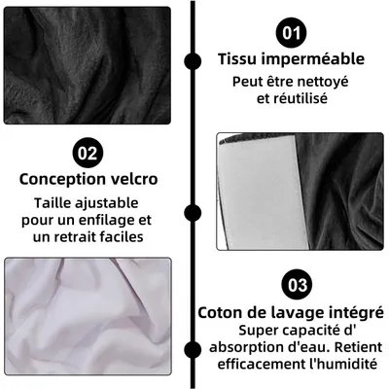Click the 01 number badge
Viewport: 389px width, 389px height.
click(x=290, y=32)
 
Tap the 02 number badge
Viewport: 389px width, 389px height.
click(x=87, y=153)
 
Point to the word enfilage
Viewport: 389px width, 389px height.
click(x=104, y=220)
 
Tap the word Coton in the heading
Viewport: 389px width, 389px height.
click(x=222, y=312)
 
